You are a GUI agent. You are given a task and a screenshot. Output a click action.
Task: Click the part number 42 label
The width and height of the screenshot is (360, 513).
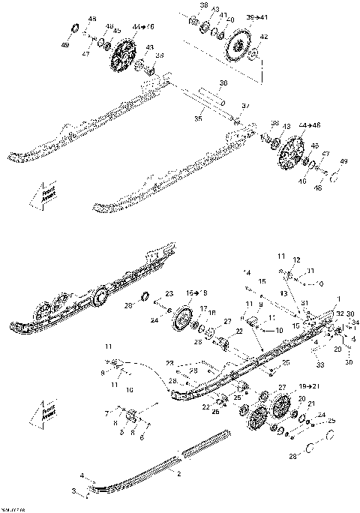(262, 36)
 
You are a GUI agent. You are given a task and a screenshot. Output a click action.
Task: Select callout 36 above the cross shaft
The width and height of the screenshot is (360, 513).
(222, 82)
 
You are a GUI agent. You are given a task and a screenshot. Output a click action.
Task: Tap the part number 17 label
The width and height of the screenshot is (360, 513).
(203, 308)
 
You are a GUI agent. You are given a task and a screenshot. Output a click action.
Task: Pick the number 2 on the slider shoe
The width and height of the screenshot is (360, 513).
(178, 474)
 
